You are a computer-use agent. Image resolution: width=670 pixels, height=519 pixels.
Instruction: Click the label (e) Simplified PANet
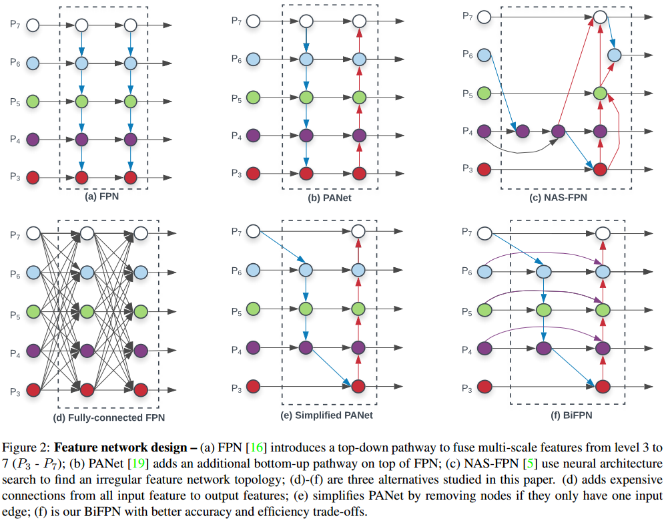tap(328, 415)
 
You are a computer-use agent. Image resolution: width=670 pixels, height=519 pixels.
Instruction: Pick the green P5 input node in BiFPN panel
tap(484, 310)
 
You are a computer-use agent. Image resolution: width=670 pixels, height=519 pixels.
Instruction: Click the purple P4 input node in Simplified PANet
tap(254, 347)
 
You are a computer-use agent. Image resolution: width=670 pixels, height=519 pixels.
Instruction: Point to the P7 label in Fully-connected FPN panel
tap(15, 234)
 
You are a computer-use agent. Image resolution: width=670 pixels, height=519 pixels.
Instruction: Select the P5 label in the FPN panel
tap(15, 102)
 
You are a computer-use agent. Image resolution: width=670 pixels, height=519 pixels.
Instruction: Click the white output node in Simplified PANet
tap(358, 232)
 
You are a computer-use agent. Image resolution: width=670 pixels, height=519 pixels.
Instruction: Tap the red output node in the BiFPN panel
tap(603, 385)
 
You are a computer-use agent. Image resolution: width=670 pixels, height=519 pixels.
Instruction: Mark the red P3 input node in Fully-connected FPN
tap(33, 391)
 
